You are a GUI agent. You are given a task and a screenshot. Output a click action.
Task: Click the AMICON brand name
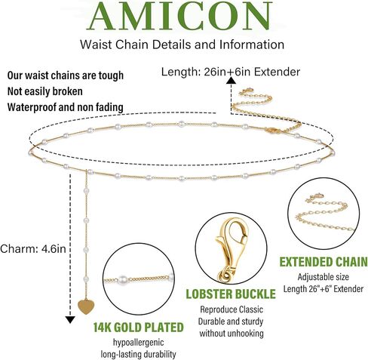tap(181, 16)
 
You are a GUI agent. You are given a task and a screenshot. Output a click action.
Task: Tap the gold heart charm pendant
tap(86, 306)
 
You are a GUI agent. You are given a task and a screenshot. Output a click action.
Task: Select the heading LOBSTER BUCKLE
tap(231, 294)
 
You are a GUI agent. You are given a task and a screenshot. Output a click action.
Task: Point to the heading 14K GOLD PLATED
tap(139, 328)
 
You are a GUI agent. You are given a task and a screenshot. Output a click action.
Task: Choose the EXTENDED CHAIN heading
tap(324, 262)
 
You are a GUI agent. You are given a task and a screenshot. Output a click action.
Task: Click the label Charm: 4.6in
tap(33, 249)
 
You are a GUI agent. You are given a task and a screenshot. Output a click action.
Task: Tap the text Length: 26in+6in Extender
tap(231, 72)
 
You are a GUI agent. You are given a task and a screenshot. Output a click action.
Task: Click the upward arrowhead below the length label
tap(231, 81)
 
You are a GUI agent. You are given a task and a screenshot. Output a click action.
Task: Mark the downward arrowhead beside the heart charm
tap(70, 320)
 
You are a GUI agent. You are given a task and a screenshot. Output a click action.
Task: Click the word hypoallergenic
tap(138, 343)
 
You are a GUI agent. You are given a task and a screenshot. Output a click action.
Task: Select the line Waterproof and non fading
tap(66, 107)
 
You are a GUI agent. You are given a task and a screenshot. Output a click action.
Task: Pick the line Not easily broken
tap(45, 91)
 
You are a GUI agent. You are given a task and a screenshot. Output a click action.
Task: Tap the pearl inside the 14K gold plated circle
tap(122, 279)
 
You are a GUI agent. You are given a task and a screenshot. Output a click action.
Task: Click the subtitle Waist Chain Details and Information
tap(182, 45)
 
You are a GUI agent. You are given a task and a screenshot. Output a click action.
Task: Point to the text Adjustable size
tap(324, 277)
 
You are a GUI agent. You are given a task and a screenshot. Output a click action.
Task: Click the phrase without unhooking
tap(232, 334)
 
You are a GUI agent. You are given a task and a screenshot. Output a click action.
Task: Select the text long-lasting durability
tap(138, 355)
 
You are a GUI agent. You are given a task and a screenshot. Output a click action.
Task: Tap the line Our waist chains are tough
tap(66, 75)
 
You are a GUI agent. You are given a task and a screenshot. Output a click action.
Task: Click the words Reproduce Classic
tap(232, 309)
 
